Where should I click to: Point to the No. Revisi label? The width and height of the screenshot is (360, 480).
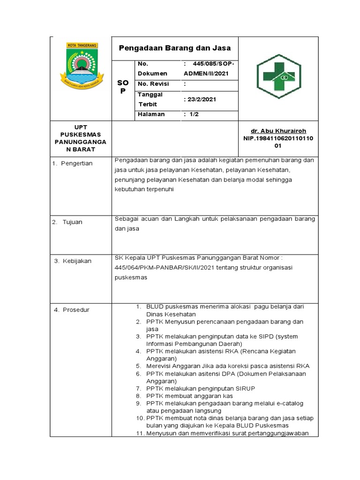pyautogui.click(x=153, y=84)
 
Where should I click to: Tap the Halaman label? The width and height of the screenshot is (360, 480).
pyautogui.click(x=151, y=114)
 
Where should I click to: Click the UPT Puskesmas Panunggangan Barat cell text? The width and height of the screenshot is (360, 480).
pyautogui.click(x=81, y=138)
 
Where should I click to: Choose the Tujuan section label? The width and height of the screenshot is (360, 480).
pyautogui.click(x=72, y=222)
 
